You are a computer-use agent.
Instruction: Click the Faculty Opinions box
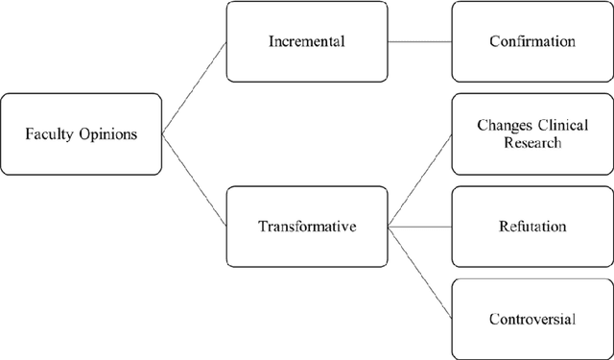[82, 133]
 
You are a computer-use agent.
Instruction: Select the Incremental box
[307, 42]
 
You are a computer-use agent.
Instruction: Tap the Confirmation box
[532, 42]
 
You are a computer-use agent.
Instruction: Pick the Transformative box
[307, 228]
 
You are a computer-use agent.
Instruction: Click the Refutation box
[532, 228]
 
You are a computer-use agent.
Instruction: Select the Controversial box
[532, 317]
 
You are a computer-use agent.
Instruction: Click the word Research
[531, 144]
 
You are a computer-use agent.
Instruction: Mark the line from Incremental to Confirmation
[418, 42]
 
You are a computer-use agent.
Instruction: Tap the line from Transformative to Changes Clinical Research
[419, 181]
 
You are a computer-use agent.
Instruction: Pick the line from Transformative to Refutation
[419, 228]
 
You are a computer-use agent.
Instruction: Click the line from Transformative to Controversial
[419, 273]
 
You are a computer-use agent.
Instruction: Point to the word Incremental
[307, 42]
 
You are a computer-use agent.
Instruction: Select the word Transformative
[307, 228]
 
